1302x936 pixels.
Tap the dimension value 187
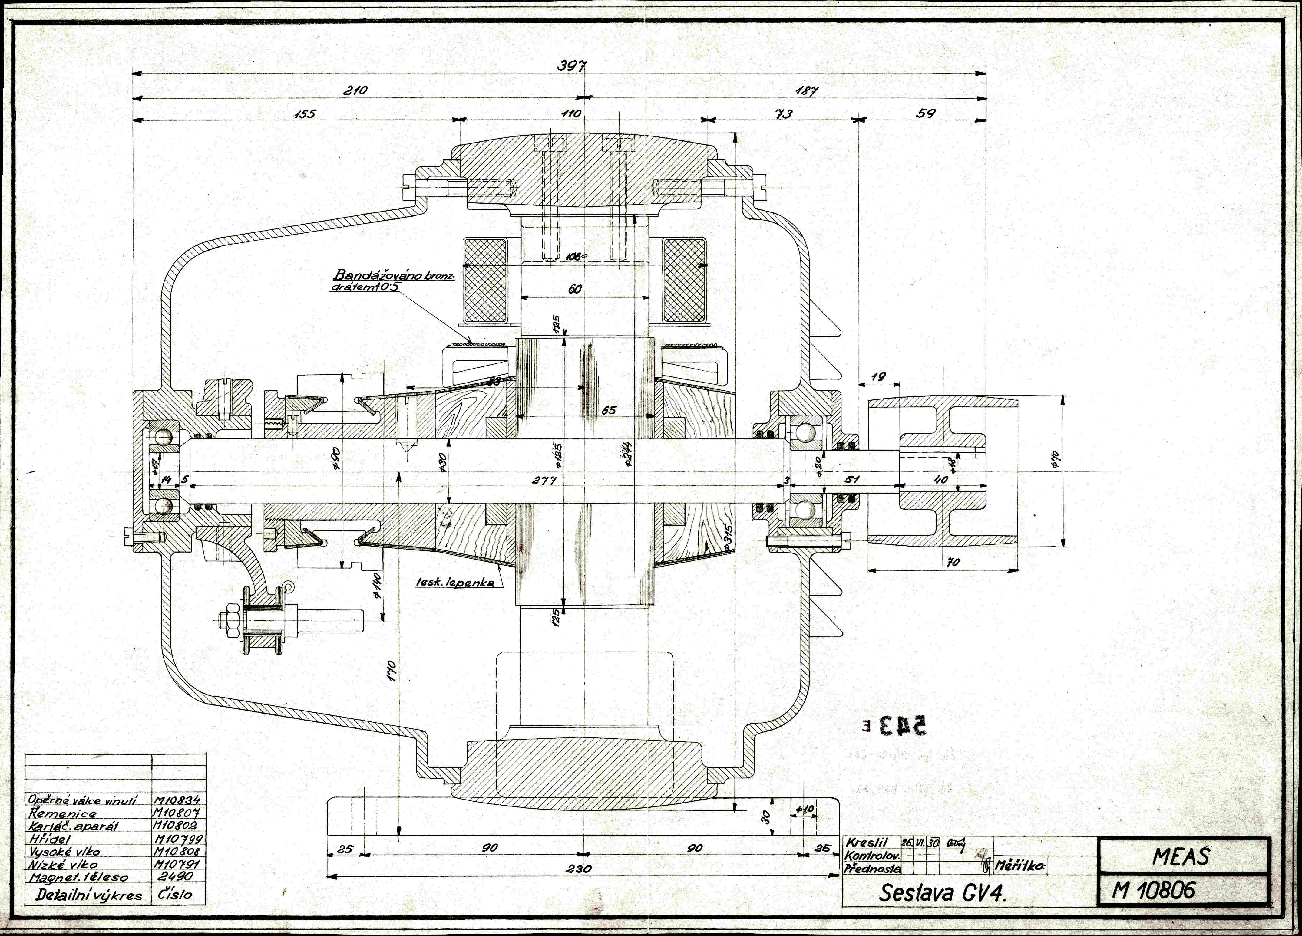(x=807, y=91)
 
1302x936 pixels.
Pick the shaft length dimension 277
(x=543, y=481)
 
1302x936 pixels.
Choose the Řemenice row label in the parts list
(x=63, y=813)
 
